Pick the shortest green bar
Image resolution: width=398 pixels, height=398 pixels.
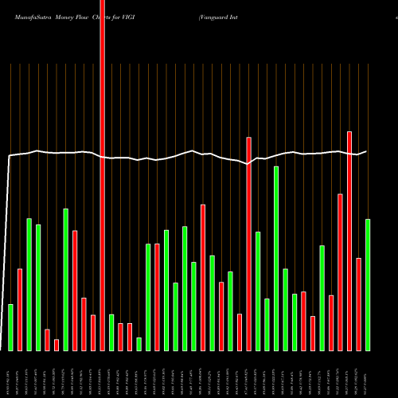click(139, 344)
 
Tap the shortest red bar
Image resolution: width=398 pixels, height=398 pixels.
click(57, 345)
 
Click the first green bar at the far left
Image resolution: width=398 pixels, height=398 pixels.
click(10, 327)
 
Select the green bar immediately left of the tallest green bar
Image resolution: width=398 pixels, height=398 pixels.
click(267, 324)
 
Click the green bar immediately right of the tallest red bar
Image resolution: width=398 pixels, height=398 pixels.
click(111, 332)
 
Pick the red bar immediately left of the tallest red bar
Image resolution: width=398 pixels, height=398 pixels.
click(93, 333)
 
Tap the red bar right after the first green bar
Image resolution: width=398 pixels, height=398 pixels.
click(20, 310)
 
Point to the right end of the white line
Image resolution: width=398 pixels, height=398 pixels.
click(366, 151)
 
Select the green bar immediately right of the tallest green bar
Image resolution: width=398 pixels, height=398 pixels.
click(285, 310)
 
